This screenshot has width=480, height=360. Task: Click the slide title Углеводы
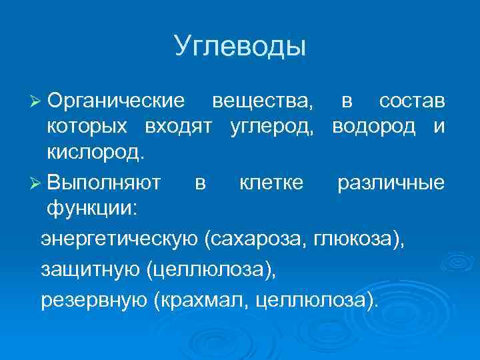pyautogui.click(x=240, y=46)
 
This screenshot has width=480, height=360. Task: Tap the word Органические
pyautogui.click(x=116, y=101)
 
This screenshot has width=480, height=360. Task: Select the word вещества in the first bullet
pyautogui.click(x=261, y=101)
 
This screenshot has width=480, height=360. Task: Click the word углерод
pyautogui.click(x=276, y=127)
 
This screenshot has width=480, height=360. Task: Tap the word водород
pyautogui.click(x=377, y=127)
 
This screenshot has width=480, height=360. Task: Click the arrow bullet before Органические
pyautogui.click(x=36, y=102)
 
